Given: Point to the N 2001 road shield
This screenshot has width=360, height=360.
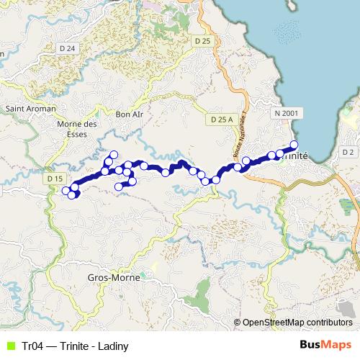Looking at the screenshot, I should [x=287, y=114].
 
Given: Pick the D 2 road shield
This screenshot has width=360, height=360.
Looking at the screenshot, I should [x=348, y=152].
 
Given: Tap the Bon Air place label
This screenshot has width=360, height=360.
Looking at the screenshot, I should [x=130, y=114].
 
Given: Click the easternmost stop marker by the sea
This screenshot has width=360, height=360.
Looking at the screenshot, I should [x=294, y=145].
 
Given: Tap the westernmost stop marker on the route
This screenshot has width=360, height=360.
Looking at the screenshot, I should [x=66, y=191].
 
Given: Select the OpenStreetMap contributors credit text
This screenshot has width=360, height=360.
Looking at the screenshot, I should [x=297, y=323].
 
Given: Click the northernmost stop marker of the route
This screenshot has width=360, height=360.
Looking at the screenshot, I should [x=113, y=154].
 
